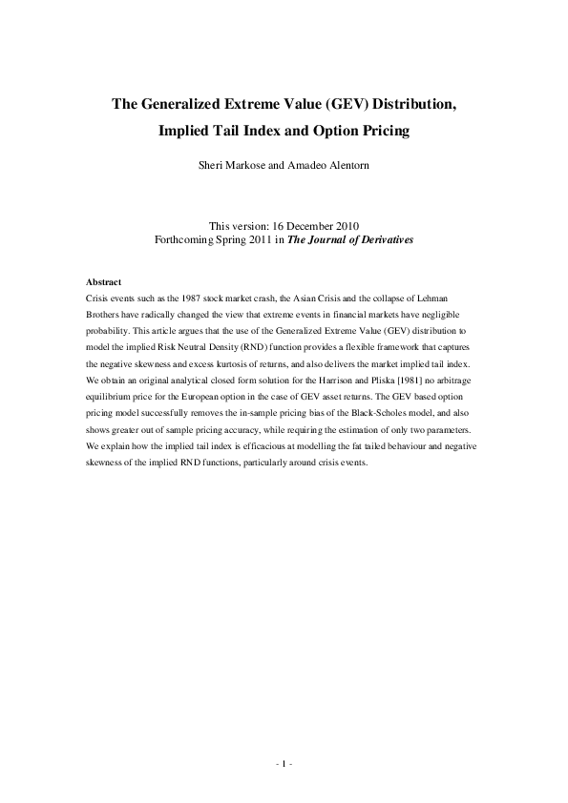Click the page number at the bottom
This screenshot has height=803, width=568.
pos(284,764)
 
